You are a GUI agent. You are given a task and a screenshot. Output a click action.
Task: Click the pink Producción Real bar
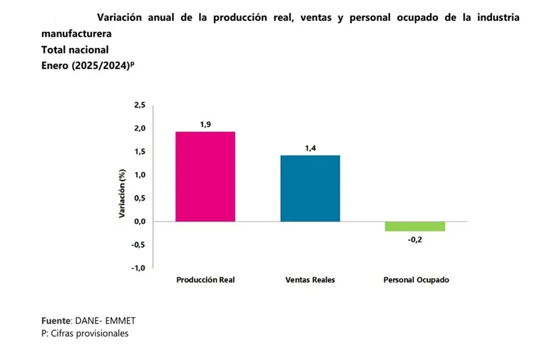(205, 176)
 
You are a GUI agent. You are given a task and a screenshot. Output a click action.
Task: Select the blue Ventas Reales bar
(310, 188)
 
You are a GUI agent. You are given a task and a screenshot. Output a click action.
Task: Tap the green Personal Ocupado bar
(415, 226)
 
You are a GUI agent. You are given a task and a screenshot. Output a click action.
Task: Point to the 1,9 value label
(205, 124)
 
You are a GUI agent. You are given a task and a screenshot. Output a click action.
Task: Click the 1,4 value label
(310, 148)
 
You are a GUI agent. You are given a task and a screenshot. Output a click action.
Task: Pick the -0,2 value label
(415, 240)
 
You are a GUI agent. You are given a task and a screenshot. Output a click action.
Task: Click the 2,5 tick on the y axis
(139, 105)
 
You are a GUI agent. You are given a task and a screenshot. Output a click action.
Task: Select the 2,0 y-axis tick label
(139, 128)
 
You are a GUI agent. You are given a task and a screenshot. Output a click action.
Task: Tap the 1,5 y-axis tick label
(139, 152)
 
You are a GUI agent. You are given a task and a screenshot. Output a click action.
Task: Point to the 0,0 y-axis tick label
(139, 222)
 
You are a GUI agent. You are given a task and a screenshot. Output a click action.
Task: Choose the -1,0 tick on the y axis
(138, 268)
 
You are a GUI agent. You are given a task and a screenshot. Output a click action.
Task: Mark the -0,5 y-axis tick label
(138, 245)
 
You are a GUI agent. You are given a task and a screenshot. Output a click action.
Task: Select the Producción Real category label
(205, 280)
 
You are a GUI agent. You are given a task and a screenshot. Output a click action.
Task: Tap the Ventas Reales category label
(310, 280)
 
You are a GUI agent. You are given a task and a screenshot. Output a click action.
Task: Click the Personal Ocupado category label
(415, 280)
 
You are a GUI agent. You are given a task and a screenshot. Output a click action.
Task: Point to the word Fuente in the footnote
(56, 320)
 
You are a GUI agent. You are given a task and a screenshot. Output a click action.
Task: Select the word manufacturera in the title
(76, 34)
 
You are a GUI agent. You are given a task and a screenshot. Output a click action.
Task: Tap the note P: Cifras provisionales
(84, 334)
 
